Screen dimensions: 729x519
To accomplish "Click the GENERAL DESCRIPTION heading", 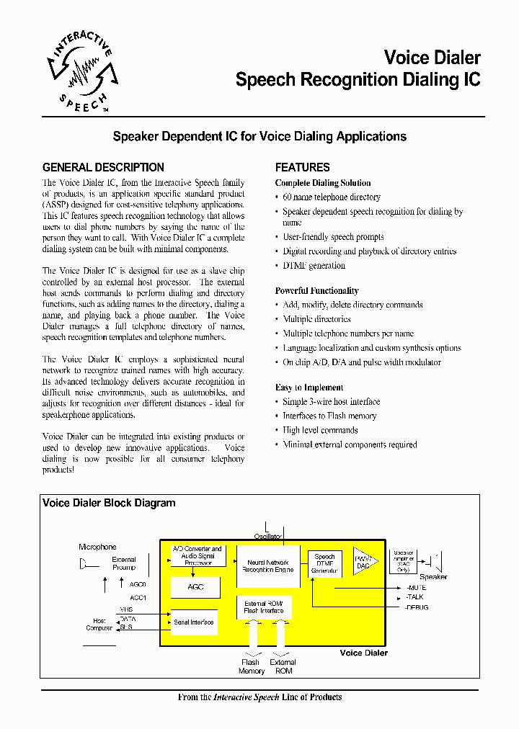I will (103, 167).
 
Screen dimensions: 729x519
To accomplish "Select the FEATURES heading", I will (302, 167).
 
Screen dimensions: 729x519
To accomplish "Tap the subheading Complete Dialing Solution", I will (323, 183).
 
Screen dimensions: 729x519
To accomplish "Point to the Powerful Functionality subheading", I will (316, 291).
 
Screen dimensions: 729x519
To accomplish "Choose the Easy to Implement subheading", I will (309, 388).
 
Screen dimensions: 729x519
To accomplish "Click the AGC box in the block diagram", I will (195, 587).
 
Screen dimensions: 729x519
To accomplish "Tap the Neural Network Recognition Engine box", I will (267, 565).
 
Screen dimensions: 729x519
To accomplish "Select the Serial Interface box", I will (194, 622).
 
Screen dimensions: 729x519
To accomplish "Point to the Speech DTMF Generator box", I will (325, 564).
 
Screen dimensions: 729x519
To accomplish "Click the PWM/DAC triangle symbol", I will (363, 563).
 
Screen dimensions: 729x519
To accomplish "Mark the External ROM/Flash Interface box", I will (264, 607).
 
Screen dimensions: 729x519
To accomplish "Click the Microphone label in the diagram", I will (97, 547).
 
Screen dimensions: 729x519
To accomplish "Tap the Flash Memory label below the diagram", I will (252, 666).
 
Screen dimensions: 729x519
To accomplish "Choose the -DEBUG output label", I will (417, 607).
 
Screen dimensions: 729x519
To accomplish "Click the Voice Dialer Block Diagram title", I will (109, 504).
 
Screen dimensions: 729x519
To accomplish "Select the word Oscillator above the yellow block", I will (267, 536).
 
